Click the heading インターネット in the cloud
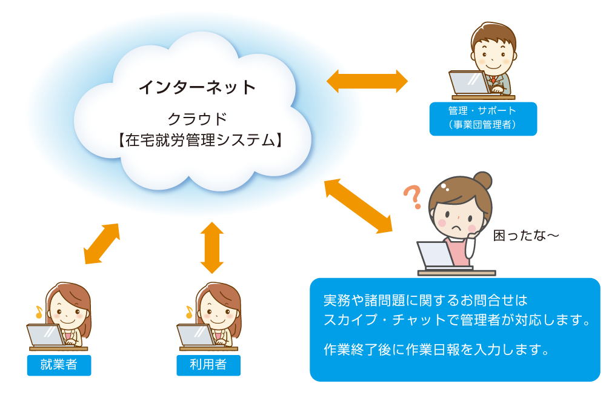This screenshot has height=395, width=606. tap(198, 87)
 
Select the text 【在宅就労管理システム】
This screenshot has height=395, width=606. tap(198, 140)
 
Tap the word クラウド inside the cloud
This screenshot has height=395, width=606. tap(198, 117)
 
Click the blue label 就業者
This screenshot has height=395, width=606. tap(59, 365)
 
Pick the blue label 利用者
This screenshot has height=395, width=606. tap(208, 365)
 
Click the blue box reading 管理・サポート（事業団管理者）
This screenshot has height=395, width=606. tap(482, 118)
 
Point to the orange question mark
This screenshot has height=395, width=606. tap(413, 197)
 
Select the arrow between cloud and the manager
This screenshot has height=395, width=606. tap(367, 81)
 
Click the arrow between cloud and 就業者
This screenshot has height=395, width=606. tap(101, 244)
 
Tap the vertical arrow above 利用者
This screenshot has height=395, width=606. tap(212, 247)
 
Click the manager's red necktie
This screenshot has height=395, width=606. tap(493, 80)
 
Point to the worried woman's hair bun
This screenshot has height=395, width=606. tap(482, 181)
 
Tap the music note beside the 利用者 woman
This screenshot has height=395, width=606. tap(188, 311)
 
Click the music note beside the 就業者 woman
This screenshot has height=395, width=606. tap(39, 311)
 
